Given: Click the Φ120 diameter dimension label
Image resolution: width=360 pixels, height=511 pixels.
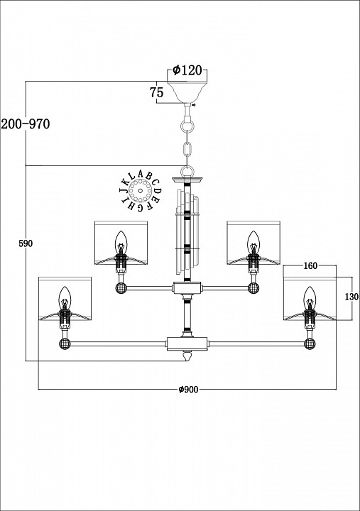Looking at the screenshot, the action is (x=187, y=70).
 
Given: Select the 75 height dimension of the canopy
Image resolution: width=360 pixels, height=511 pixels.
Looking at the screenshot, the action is (x=156, y=92).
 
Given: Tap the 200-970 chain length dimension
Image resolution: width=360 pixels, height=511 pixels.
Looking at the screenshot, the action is (x=26, y=123).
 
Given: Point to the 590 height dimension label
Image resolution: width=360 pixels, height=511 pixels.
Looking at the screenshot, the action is (x=26, y=243).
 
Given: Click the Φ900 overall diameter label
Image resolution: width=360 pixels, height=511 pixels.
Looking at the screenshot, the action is (x=188, y=390).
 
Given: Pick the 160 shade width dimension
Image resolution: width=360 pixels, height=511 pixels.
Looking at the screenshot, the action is (x=310, y=266).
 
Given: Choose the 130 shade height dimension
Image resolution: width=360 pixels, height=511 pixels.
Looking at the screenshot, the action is (x=352, y=297).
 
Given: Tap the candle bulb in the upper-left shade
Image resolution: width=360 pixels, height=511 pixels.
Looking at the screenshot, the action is (x=121, y=241).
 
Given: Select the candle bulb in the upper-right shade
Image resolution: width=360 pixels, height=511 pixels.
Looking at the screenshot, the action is (x=252, y=241).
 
